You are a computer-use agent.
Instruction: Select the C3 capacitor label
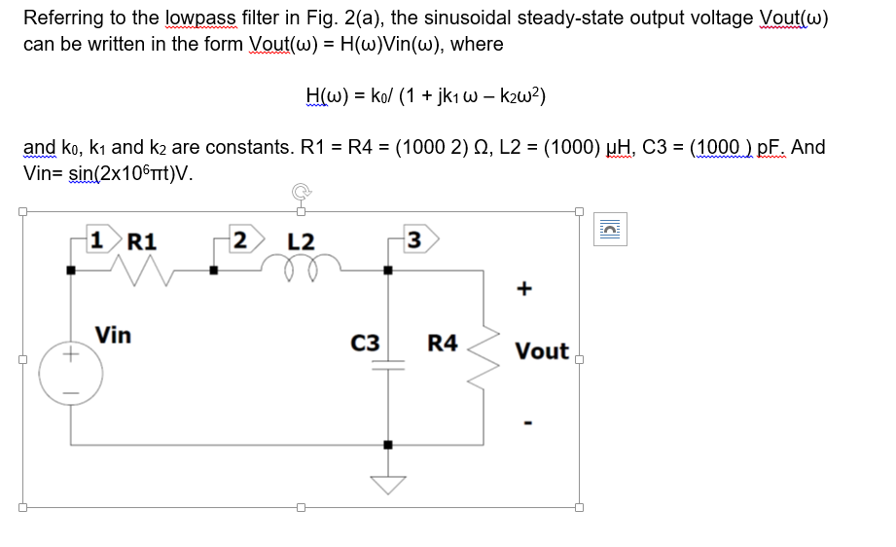(365, 343)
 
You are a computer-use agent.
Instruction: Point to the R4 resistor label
(443, 343)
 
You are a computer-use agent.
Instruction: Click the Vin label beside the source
(113, 336)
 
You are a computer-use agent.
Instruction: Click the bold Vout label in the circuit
(542, 351)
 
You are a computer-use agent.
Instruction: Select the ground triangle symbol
(389, 484)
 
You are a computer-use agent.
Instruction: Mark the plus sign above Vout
(526, 288)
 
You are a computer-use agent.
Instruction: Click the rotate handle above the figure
(300, 192)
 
